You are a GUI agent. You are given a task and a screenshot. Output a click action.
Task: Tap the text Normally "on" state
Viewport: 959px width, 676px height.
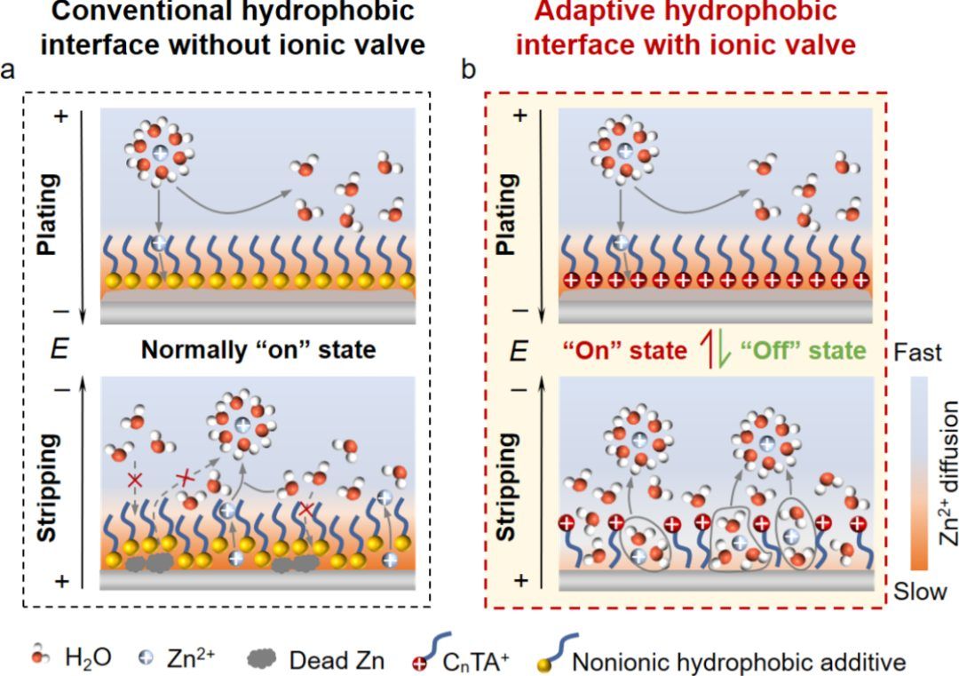coord(258,350)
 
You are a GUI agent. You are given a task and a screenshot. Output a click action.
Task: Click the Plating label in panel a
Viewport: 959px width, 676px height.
coord(47,214)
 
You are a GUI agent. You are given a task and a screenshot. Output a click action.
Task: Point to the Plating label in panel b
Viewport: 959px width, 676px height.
coord(505,214)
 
